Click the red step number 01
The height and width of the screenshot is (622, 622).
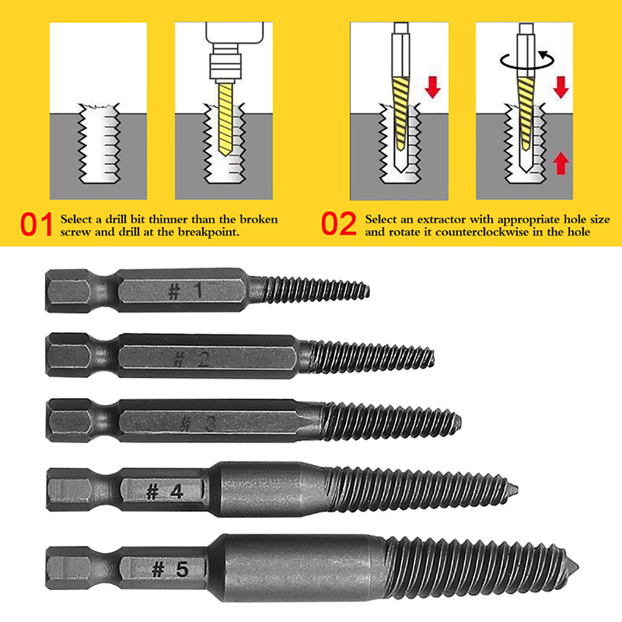point(36,225)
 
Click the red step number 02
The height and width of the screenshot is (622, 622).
point(339,224)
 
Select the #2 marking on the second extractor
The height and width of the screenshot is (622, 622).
point(191,359)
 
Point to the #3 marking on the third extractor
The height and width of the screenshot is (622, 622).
point(197,424)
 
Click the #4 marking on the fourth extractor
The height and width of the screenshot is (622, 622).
point(165,492)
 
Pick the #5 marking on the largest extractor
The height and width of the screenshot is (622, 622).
point(170,570)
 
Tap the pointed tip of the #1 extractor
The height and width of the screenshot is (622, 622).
point(369,292)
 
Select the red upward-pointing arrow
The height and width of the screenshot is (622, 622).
point(561,163)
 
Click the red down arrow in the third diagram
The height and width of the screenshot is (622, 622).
point(433,88)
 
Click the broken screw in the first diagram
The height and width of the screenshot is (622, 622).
point(100,143)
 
